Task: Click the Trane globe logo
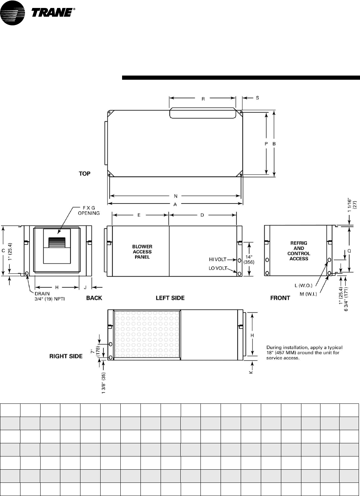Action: pos(12,13)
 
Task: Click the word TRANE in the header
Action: pos(52,12)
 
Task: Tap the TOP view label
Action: pos(85,174)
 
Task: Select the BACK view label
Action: pos(94,298)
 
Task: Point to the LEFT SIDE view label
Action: pos(170,298)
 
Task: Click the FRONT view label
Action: pos(280,298)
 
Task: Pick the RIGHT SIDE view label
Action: pos(66,356)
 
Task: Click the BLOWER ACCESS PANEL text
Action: pos(142,252)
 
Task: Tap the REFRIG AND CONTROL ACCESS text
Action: pos(299,251)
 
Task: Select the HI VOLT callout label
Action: pos(217,259)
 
